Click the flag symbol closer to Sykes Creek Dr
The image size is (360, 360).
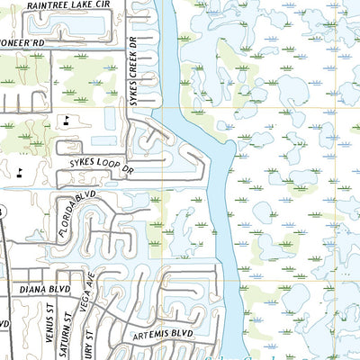point(66,119)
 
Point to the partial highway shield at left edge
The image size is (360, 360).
point(2,211)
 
